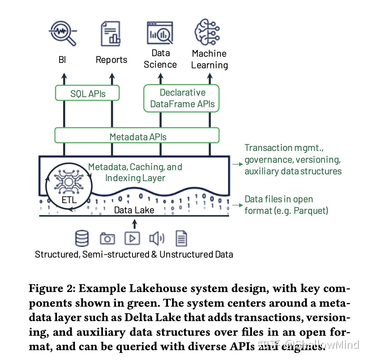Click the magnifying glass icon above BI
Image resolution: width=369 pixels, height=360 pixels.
pyautogui.click(x=63, y=32)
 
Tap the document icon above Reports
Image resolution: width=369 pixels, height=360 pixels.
pyautogui.click(x=111, y=34)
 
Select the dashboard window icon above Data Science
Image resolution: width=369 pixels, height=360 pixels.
pyautogui.click(x=160, y=33)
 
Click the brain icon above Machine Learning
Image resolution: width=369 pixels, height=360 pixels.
pyautogui.click(x=207, y=32)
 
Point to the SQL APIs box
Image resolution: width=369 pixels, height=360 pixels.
pyautogui.click(x=87, y=93)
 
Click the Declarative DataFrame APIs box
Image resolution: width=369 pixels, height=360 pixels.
pyautogui.click(x=182, y=98)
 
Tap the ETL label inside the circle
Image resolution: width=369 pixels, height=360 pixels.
pyautogui.click(x=69, y=200)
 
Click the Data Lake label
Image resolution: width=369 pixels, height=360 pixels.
pyautogui.click(x=134, y=210)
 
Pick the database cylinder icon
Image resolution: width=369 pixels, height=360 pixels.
pyautogui.click(x=82, y=238)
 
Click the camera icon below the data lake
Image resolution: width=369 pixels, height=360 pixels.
pyautogui.click(x=107, y=239)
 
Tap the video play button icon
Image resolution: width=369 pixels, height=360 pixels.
pyautogui.click(x=132, y=238)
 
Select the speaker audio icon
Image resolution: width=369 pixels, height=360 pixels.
pyautogui.click(x=156, y=238)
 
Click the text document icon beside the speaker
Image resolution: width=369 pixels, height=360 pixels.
pyautogui.click(x=181, y=238)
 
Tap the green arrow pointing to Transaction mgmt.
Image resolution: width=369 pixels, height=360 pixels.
pyautogui.click(x=237, y=164)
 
